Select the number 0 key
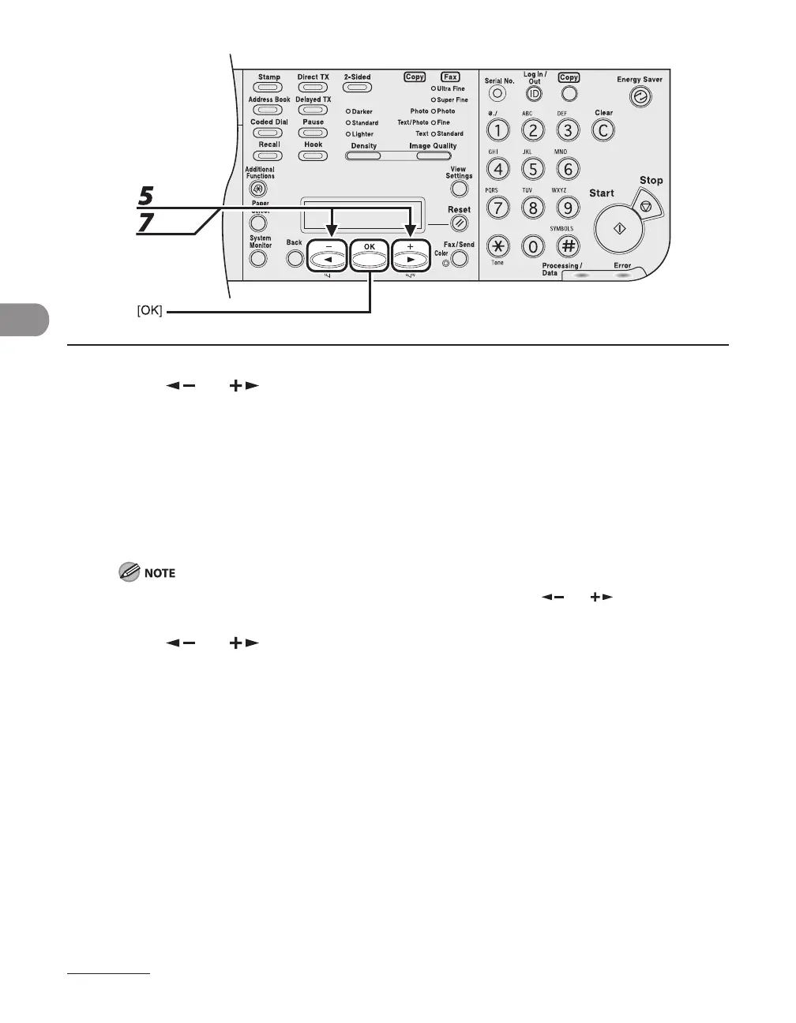click(x=533, y=246)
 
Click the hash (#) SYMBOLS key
click(x=568, y=245)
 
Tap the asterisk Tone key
click(x=497, y=245)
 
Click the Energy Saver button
click(x=638, y=97)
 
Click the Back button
click(x=295, y=258)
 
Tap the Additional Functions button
click(x=257, y=189)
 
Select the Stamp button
click(x=268, y=88)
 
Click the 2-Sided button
click(x=357, y=88)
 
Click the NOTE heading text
click(x=160, y=572)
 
